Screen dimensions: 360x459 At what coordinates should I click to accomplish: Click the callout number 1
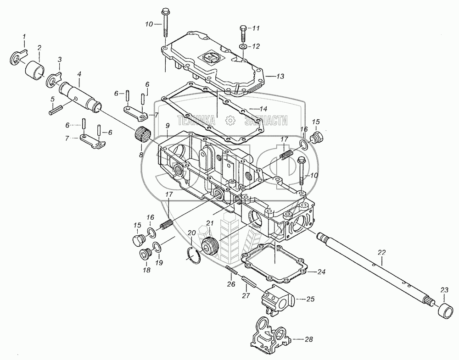[25, 36]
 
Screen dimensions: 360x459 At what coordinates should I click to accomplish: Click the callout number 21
[210, 223]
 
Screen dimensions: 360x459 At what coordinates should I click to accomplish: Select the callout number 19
[159, 263]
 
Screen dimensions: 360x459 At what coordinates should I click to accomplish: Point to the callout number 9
[167, 126]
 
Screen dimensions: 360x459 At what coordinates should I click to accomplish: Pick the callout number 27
[246, 296]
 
